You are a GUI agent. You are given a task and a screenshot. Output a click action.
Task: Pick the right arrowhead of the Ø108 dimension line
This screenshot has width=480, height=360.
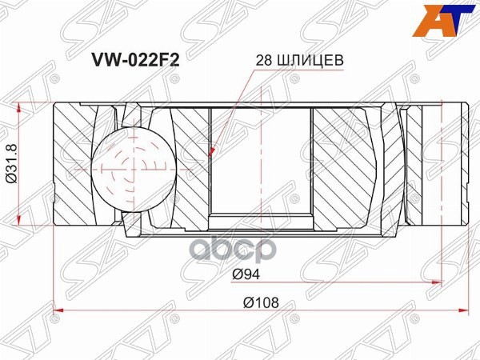[x=466, y=311]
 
